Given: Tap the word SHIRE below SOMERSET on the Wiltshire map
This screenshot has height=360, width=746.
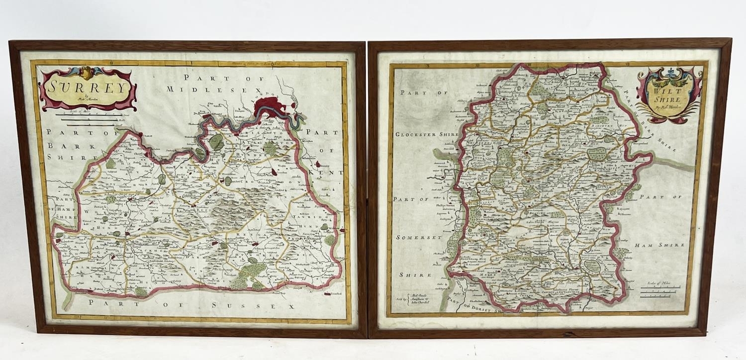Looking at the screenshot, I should click(x=413, y=274).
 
